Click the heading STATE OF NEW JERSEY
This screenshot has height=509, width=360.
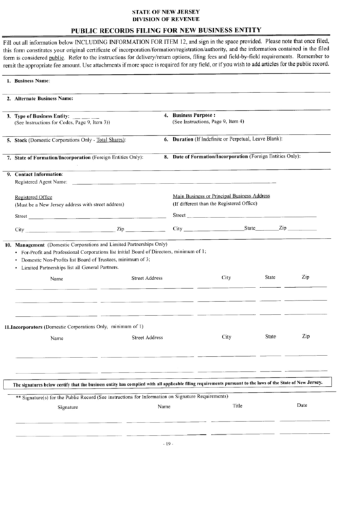pos(180,12)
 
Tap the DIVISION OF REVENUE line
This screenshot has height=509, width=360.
pos(180,20)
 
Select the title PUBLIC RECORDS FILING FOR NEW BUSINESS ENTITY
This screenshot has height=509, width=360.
pos(179,30)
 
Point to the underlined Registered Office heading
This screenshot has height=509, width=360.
pos(33,197)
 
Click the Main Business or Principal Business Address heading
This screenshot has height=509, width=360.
pos(221,196)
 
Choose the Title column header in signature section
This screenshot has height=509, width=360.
pos(237,406)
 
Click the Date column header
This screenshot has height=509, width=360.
pos(302,406)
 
